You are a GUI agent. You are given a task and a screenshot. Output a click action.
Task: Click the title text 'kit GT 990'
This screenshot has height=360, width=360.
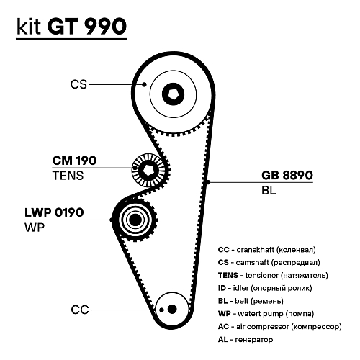71,27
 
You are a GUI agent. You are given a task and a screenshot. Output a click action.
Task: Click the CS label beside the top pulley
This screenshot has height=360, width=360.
78,84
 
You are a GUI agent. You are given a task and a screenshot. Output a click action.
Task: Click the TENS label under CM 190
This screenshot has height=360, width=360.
68,175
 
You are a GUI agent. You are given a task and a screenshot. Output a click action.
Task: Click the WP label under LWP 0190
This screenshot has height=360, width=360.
33,227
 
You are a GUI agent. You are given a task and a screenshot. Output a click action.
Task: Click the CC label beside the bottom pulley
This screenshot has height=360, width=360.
79,310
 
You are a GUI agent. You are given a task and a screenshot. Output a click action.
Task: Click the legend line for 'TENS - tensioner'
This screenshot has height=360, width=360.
273,275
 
